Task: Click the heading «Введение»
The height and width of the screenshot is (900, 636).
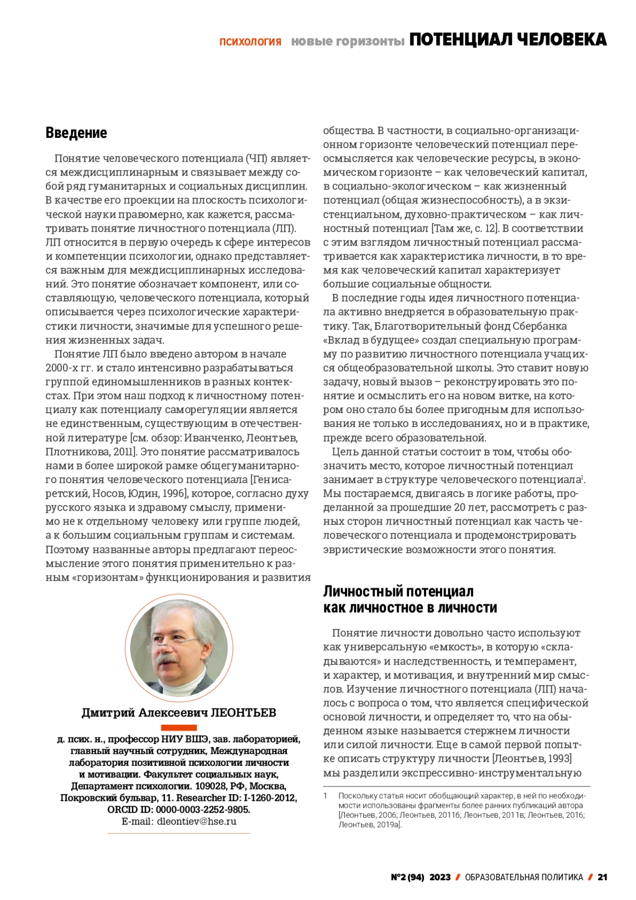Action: (x=76, y=133)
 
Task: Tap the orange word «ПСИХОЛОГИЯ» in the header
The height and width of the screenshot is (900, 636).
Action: (x=250, y=41)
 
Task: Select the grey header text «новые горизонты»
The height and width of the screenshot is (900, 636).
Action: (x=348, y=41)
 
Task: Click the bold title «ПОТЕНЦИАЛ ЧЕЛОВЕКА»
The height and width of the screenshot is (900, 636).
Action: (x=508, y=40)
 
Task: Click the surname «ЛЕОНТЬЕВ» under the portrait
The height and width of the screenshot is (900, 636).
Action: (x=243, y=712)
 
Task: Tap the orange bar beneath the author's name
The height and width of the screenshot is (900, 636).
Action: (x=179, y=728)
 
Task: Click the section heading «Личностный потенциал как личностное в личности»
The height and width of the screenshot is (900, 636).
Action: (x=410, y=599)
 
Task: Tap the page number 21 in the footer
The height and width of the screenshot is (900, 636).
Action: (x=602, y=877)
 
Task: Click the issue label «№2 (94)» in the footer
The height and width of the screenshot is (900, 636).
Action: (x=408, y=877)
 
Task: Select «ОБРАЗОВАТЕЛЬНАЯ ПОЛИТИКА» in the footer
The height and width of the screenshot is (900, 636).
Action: (x=524, y=877)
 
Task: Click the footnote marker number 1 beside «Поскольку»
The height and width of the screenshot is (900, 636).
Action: (x=325, y=796)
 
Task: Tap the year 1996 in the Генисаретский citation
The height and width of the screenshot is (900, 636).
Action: (x=174, y=494)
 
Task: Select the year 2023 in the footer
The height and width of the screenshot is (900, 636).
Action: (x=440, y=877)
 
